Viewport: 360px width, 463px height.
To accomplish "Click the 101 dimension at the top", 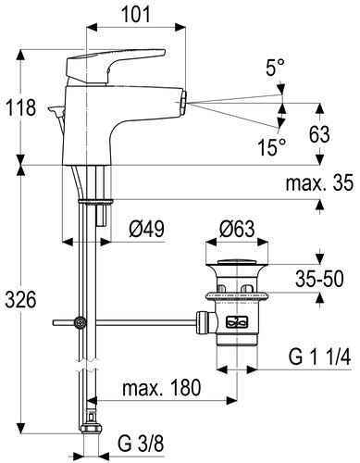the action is pyautogui.click(x=136, y=14).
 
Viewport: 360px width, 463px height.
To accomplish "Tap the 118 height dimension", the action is pyautogui.click(x=20, y=107).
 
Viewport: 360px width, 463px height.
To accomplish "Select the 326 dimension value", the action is pyautogui.click(x=20, y=299).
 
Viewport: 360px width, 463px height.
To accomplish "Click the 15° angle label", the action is pyautogui.click(x=272, y=147).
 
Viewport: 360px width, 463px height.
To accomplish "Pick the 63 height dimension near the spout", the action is pyautogui.click(x=319, y=134).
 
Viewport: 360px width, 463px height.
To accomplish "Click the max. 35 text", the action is pyautogui.click(x=319, y=183).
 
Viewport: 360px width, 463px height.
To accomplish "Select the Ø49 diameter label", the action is pyautogui.click(x=146, y=229).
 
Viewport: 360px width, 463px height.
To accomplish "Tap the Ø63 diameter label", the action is pyautogui.click(x=237, y=229).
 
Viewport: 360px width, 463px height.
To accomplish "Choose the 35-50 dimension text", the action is pyautogui.click(x=319, y=279).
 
